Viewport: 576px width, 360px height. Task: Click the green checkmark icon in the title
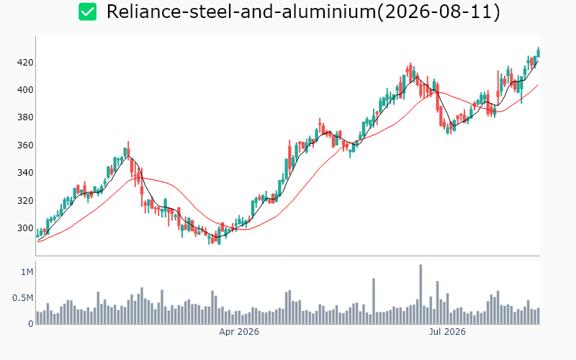pyautogui.click(x=87, y=12)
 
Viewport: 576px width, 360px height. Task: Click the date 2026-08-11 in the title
pyautogui.click(x=438, y=12)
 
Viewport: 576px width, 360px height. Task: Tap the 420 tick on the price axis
pyautogui.click(x=25, y=63)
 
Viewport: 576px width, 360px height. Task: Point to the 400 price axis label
pyautogui.click(x=25, y=90)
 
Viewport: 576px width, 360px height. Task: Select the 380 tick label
pyautogui.click(x=25, y=117)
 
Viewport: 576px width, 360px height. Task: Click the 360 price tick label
pyautogui.click(x=25, y=145)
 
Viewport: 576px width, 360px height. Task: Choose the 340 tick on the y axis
pyautogui.click(x=25, y=173)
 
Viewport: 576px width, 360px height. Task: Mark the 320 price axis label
pyautogui.click(x=25, y=201)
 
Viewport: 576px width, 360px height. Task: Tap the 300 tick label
pyautogui.click(x=25, y=228)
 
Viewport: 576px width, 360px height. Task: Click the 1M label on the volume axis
pyautogui.click(x=27, y=272)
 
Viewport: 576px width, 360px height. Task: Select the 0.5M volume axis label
pyautogui.click(x=23, y=298)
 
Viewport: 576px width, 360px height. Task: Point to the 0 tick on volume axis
pyautogui.click(x=31, y=324)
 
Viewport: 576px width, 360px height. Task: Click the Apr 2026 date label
pyautogui.click(x=239, y=332)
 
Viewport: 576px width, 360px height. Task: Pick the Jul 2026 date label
pyautogui.click(x=447, y=332)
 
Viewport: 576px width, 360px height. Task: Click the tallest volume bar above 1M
pyautogui.click(x=420, y=294)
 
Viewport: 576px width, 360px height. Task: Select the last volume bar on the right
pyautogui.click(x=538, y=316)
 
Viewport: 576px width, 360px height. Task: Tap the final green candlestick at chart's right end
pyautogui.click(x=539, y=53)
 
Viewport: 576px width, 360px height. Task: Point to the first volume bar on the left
pyautogui.click(x=38, y=318)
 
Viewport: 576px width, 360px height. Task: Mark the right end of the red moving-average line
pyautogui.click(x=538, y=85)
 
